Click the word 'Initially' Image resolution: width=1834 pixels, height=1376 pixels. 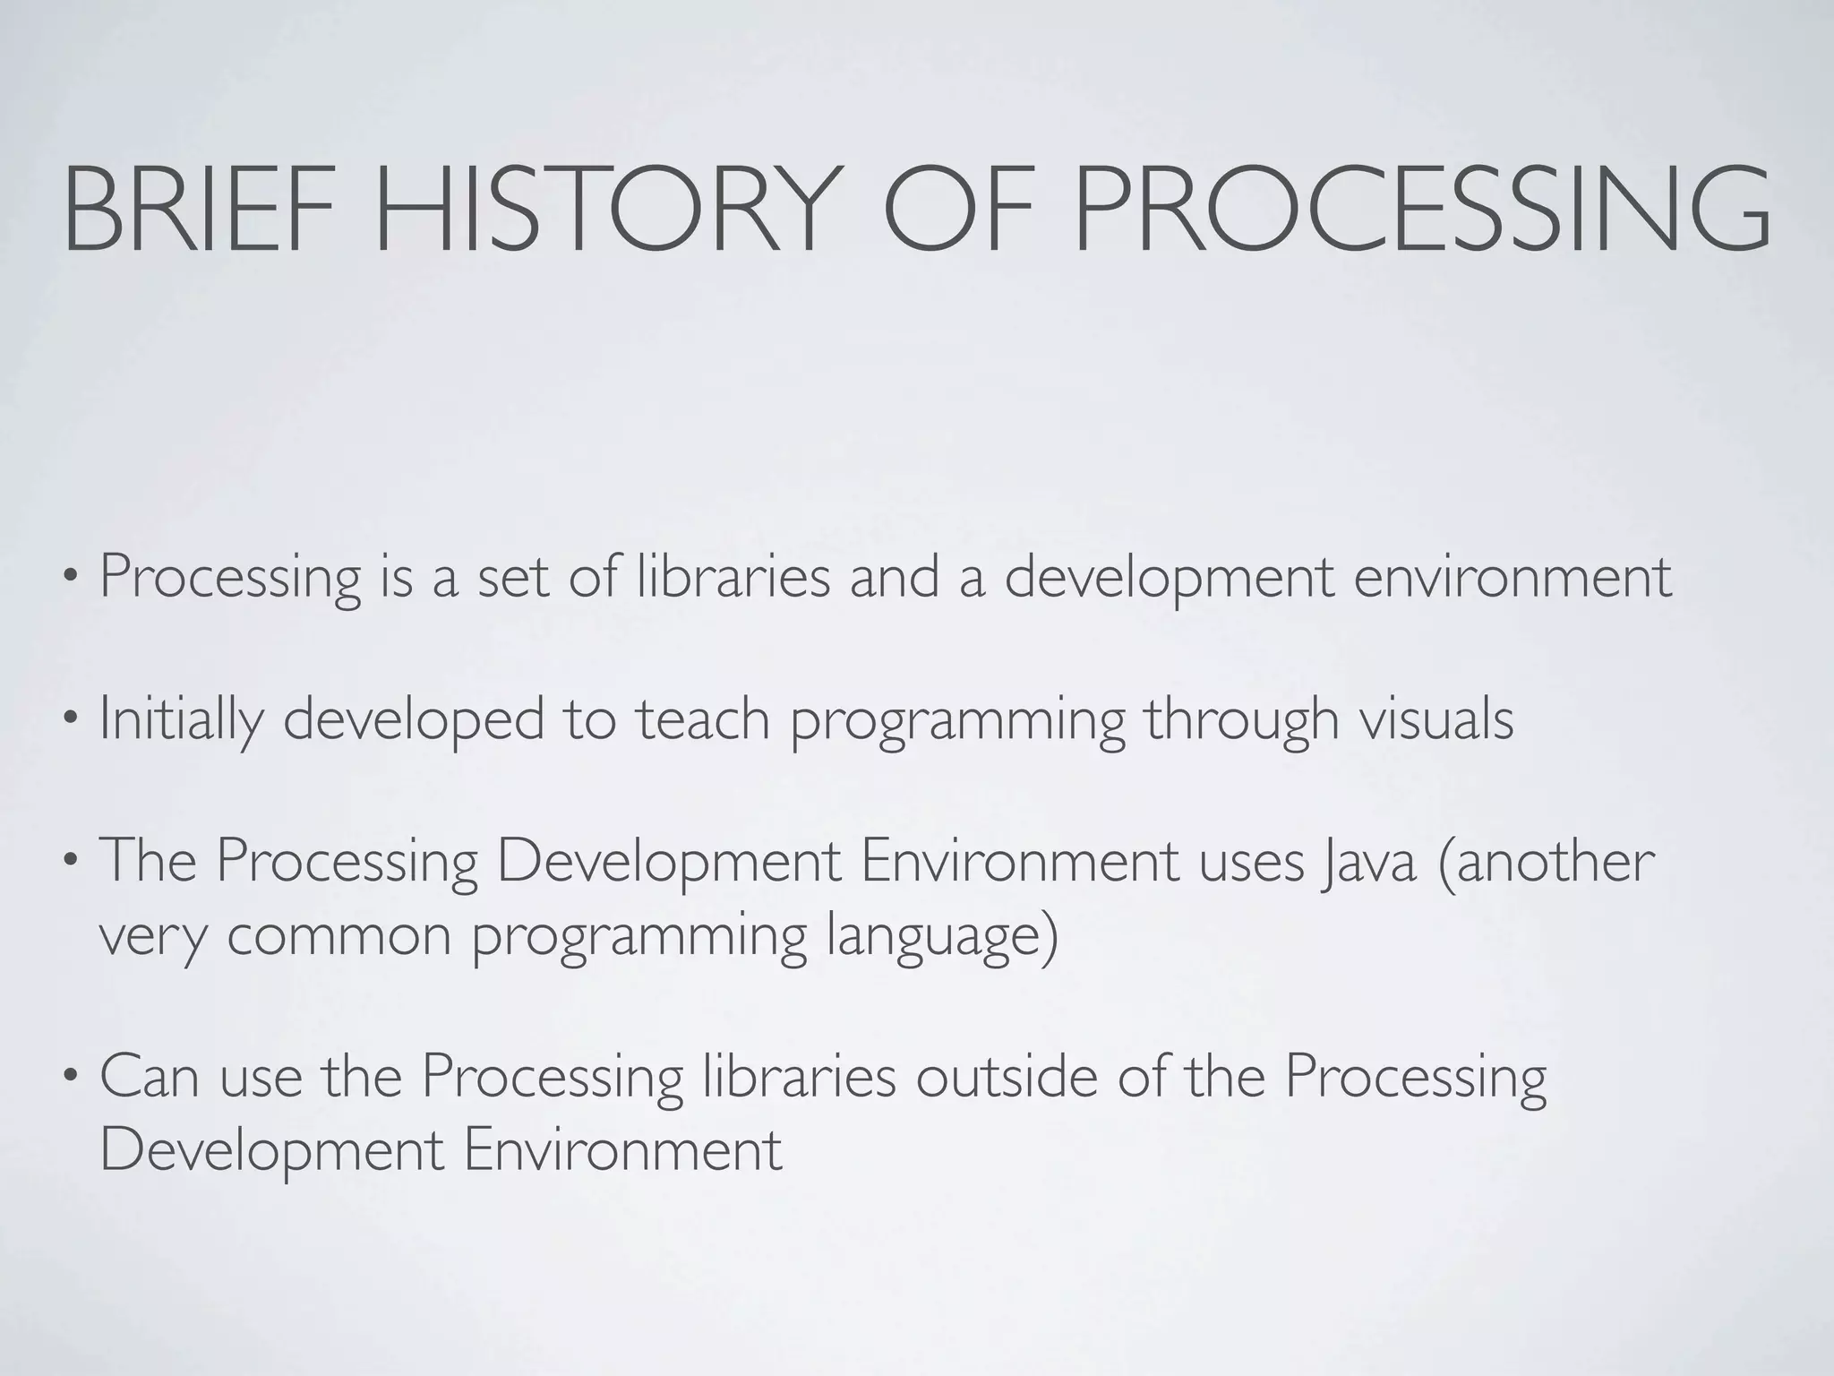[180, 718]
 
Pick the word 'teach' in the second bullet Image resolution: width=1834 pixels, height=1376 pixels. [703, 718]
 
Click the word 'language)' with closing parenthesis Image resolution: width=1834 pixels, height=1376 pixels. [941, 937]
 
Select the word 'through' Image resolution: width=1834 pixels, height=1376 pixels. [1241, 720]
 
